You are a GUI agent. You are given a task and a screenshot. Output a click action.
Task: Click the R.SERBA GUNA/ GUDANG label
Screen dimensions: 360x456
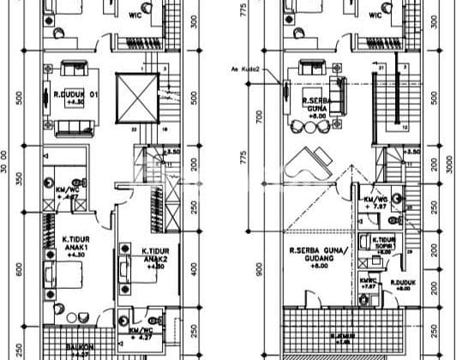click(310, 255)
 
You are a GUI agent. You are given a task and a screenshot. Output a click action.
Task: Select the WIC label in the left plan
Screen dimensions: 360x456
click(135, 14)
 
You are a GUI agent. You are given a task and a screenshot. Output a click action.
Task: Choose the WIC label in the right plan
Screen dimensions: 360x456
click(378, 14)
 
